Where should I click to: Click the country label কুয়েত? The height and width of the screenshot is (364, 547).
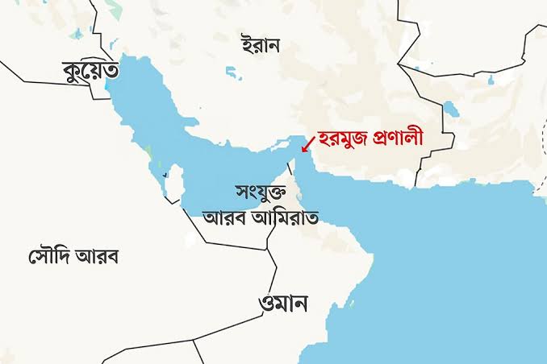tap(91, 72)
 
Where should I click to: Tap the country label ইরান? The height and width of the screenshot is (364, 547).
tap(261, 44)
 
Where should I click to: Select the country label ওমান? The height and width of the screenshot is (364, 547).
tap(284, 304)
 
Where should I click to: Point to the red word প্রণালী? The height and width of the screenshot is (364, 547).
tap(408, 139)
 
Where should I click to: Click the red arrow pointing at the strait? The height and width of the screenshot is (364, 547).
tap(308, 143)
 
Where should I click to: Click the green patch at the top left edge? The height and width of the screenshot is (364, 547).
tap(118, 10)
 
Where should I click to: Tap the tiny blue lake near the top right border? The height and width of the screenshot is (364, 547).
tap(491, 79)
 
